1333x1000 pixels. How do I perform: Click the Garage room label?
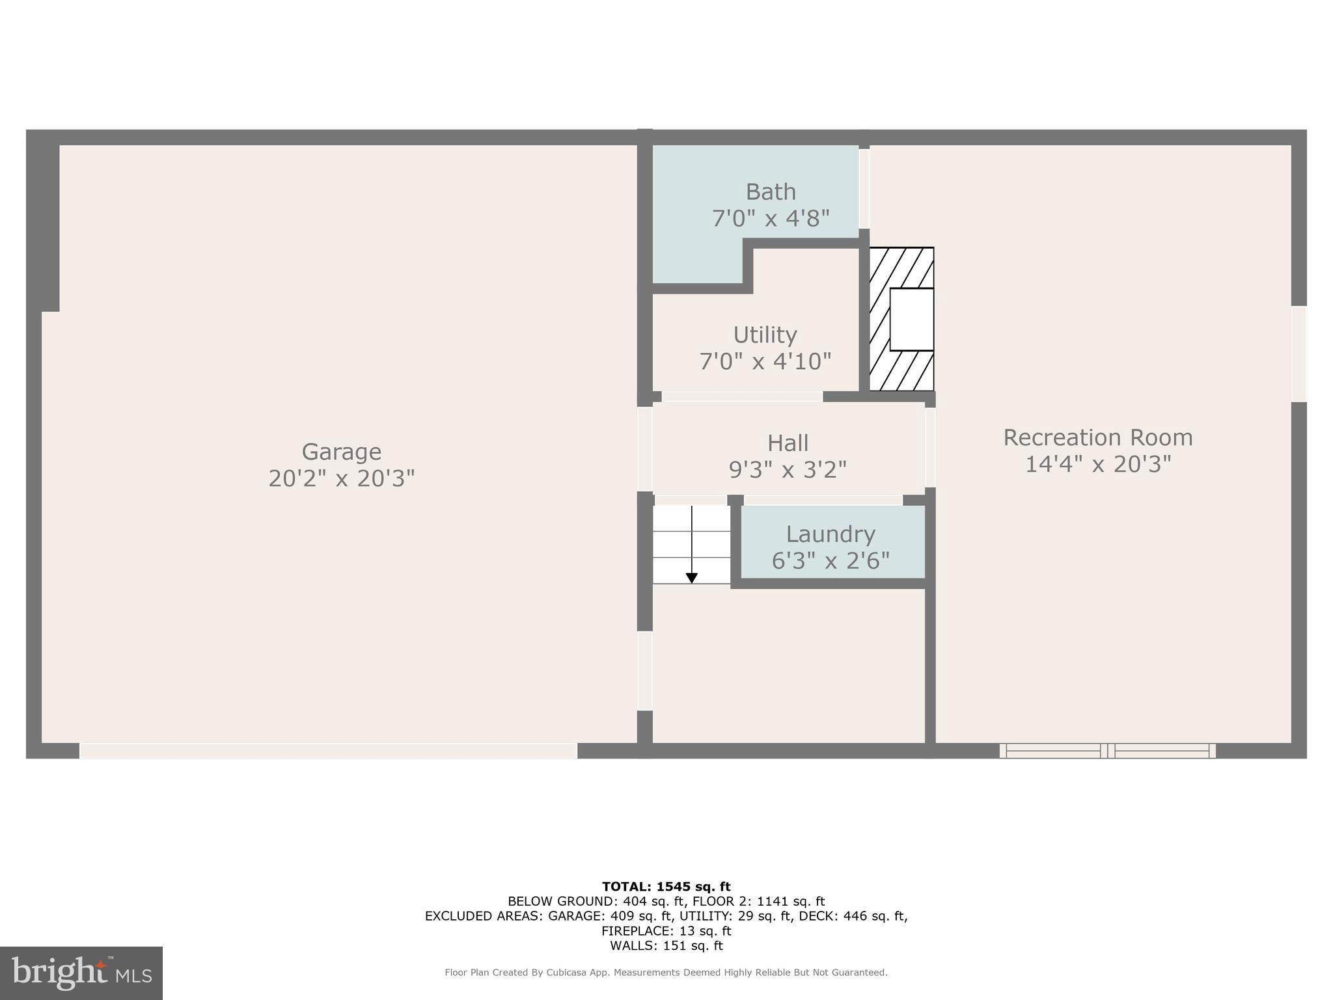[x=341, y=452]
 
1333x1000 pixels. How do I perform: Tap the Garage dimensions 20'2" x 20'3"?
[x=341, y=479]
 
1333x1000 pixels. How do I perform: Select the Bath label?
[x=771, y=192]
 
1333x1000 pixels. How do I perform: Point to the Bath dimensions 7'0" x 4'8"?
[x=771, y=219]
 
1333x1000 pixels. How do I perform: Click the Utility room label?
[x=765, y=335]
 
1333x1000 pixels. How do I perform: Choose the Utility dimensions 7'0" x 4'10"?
[x=765, y=361]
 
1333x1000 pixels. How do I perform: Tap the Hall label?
[x=788, y=443]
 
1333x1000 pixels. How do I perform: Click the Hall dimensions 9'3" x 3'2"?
[x=788, y=469]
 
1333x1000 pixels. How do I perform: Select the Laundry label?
[x=830, y=534]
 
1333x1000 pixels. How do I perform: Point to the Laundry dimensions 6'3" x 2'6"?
[x=830, y=561]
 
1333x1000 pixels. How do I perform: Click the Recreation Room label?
[x=1097, y=437]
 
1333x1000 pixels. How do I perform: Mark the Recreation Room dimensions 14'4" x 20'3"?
[x=1097, y=464]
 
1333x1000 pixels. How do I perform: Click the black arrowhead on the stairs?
[x=692, y=577]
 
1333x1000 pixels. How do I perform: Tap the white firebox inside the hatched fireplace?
[x=911, y=319]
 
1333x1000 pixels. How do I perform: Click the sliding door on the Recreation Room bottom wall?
[x=1107, y=751]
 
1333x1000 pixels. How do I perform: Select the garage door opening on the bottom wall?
[x=328, y=751]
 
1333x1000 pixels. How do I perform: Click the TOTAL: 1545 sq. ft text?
[x=666, y=886]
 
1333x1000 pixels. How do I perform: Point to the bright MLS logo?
[x=81, y=973]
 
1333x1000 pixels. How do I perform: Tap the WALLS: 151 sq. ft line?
[x=666, y=946]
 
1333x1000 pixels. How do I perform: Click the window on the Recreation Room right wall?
[x=1299, y=354]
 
